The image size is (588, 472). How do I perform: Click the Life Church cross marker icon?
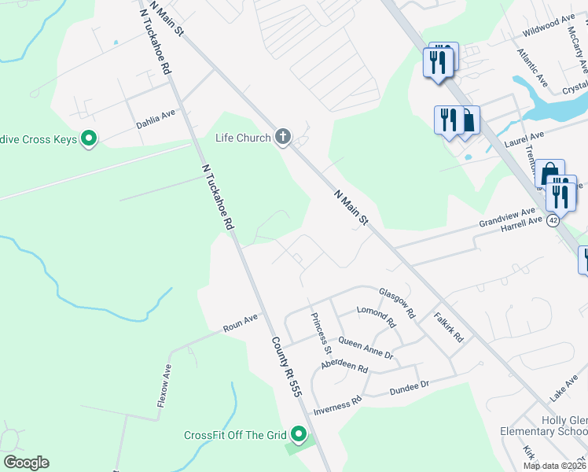[x=283, y=138]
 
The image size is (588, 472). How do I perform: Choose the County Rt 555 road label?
[x=287, y=366]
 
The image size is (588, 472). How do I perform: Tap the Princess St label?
[x=321, y=332]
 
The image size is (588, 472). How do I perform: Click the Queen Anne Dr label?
[x=365, y=347]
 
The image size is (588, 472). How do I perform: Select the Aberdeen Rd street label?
[x=344, y=368]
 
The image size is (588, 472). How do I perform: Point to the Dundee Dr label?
[x=409, y=386]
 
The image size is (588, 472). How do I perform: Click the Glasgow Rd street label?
[x=397, y=302]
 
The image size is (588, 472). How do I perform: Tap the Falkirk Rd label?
[x=449, y=326]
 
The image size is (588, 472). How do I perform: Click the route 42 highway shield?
[x=554, y=221]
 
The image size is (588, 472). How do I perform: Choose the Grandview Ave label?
[x=507, y=218]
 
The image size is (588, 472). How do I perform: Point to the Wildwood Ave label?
[x=549, y=26]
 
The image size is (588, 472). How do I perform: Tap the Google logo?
[x=26, y=463]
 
